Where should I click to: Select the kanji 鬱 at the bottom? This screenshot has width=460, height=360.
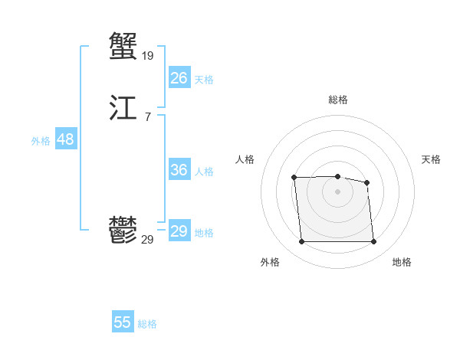(123, 230)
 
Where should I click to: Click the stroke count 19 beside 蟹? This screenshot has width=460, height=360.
(148, 55)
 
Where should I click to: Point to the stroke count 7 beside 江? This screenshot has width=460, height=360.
(147, 116)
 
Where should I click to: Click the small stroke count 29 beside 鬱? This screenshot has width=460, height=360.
(148, 240)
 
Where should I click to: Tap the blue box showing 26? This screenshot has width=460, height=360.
(179, 77)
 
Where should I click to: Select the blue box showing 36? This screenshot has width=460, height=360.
(179, 170)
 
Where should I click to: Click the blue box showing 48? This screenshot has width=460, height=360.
(65, 139)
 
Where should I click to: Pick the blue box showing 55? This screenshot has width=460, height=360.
(123, 322)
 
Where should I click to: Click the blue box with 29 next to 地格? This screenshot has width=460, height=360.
(179, 231)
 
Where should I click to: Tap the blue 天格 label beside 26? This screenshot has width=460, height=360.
(204, 79)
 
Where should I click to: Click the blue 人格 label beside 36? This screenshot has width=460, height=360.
(204, 172)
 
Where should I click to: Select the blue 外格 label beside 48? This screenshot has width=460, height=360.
(41, 141)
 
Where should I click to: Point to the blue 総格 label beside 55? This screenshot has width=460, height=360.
(147, 324)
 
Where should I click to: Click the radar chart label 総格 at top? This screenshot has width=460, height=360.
(338, 100)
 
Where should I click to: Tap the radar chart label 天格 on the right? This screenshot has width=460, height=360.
(431, 159)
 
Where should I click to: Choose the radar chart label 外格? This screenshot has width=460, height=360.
(270, 262)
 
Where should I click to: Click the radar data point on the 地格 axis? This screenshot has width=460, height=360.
(373, 242)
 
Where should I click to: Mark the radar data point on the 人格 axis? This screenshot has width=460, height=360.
(294, 178)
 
